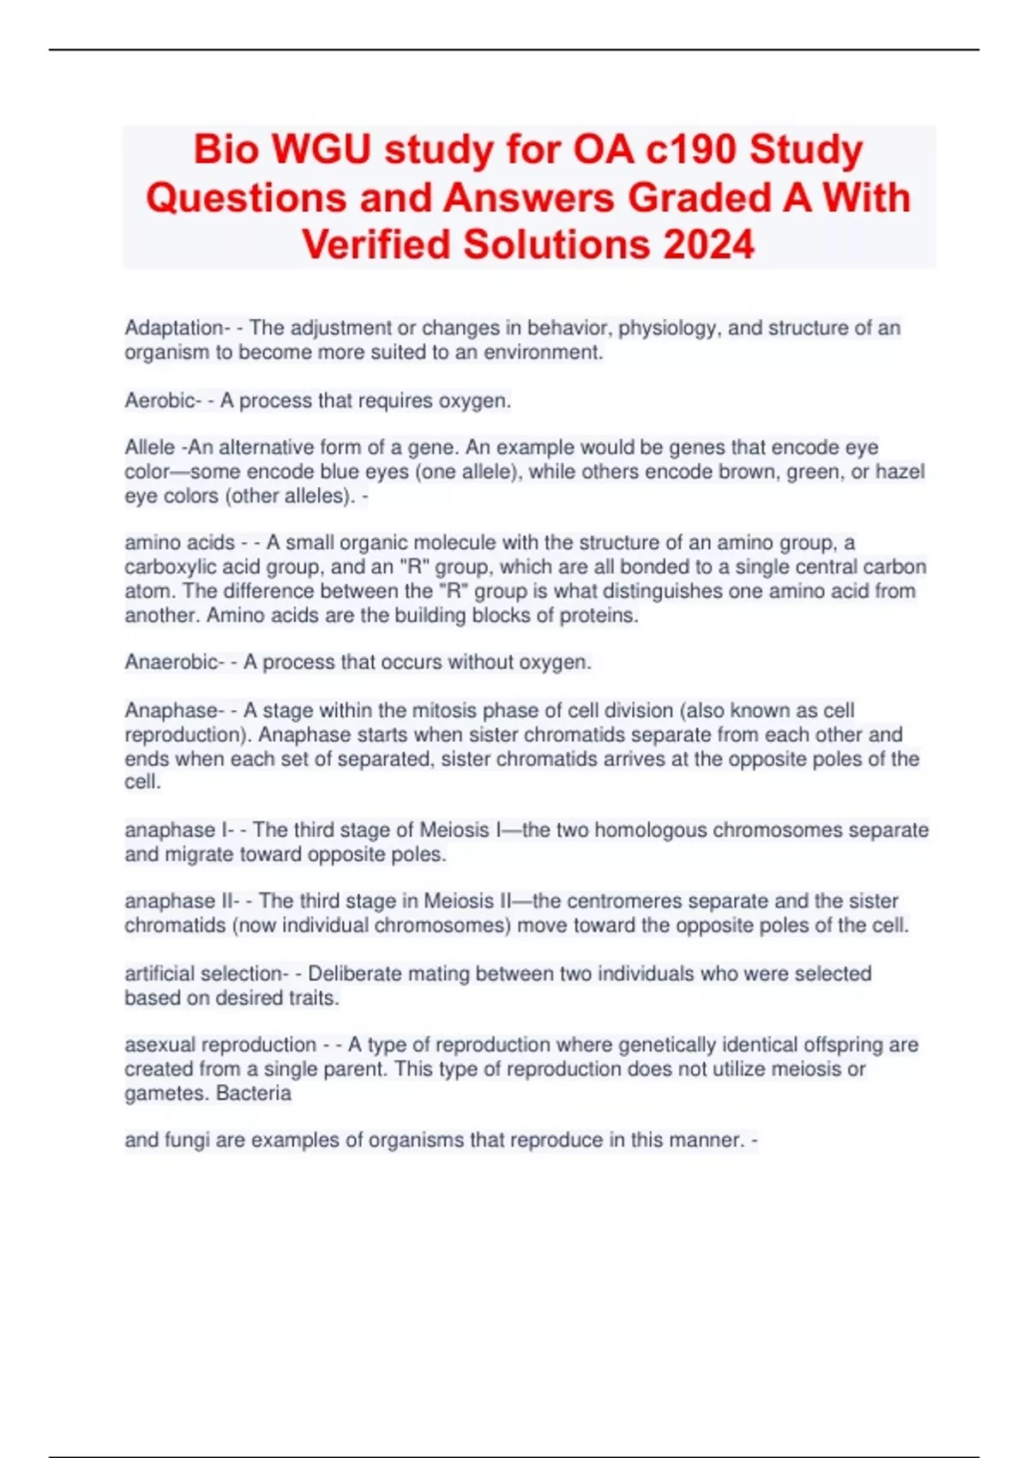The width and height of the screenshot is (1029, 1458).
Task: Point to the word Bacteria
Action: (x=254, y=1093)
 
